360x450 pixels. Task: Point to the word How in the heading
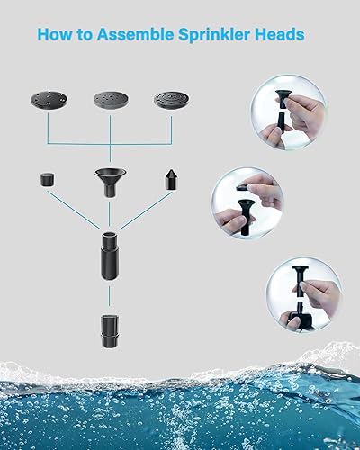(x=54, y=35)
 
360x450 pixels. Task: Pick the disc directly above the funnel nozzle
(x=110, y=100)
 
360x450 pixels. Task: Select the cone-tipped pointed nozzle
(x=170, y=178)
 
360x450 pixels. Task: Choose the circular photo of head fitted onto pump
(x=303, y=292)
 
